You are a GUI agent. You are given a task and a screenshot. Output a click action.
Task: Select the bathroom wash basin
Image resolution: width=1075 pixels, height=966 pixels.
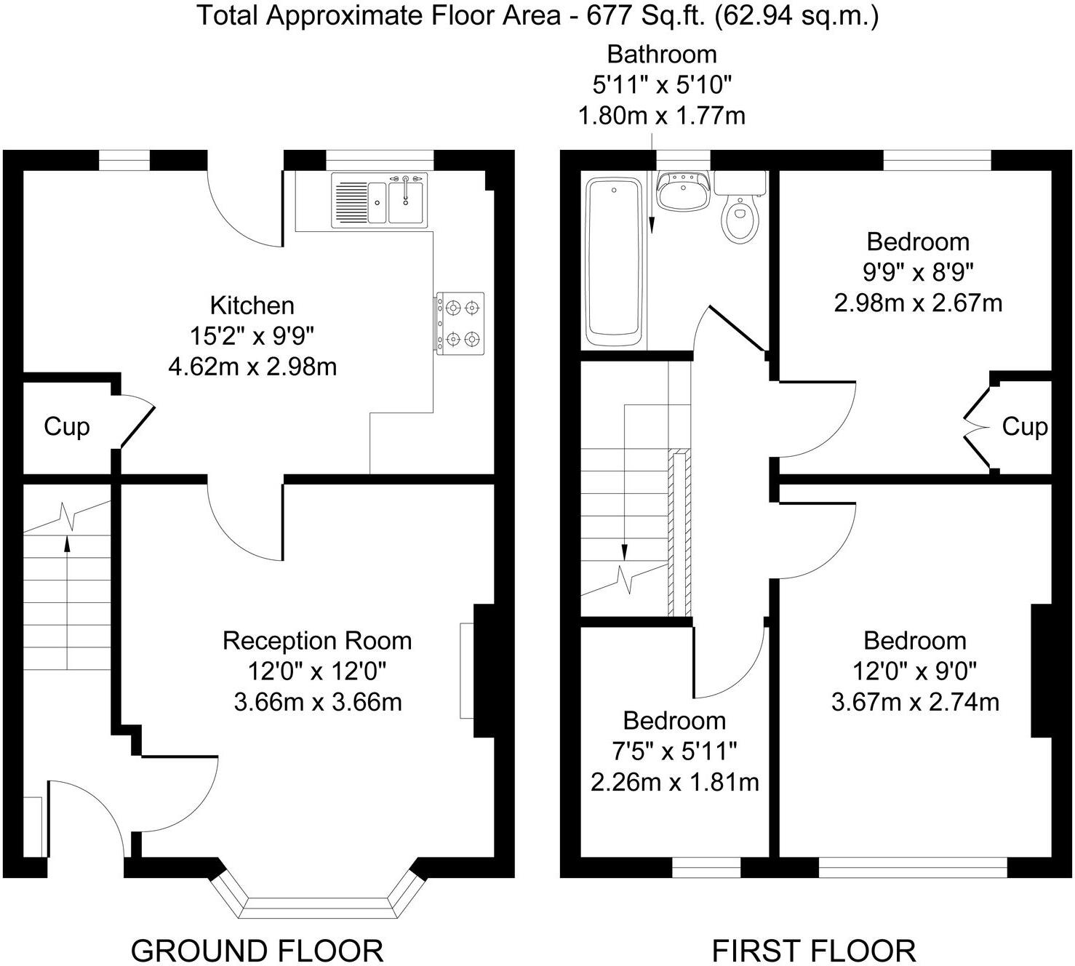(x=682, y=191)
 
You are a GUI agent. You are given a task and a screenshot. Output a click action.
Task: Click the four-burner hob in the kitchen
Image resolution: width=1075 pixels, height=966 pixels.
(x=460, y=324)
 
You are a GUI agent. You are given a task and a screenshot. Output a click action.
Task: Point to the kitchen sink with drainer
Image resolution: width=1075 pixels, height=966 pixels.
(x=380, y=201)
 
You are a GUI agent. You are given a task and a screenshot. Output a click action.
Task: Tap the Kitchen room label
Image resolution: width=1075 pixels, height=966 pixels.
(x=252, y=305)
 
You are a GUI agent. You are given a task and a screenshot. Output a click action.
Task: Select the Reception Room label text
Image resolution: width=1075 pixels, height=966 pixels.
(x=317, y=641)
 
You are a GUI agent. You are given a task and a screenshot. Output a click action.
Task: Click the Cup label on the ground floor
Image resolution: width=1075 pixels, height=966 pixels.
(x=66, y=426)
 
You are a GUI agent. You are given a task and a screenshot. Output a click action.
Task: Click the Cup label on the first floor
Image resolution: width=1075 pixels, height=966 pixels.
(x=1024, y=426)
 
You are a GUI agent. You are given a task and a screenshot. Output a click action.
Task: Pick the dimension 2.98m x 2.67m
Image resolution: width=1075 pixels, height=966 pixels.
(x=918, y=303)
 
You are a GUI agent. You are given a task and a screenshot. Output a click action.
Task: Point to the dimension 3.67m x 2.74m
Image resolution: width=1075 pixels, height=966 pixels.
(x=915, y=702)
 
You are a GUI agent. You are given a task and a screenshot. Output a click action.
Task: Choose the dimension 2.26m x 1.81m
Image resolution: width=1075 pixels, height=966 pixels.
(x=674, y=782)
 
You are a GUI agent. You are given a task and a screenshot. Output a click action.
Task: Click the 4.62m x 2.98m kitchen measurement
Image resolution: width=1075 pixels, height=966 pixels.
(x=252, y=367)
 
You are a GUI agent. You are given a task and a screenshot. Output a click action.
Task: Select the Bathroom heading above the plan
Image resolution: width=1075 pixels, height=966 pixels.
(x=661, y=55)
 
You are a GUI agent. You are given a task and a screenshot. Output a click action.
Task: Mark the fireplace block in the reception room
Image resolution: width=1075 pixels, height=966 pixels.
(x=484, y=671)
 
